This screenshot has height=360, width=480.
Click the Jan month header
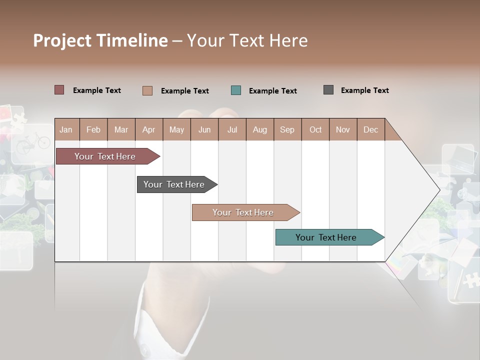(66, 129)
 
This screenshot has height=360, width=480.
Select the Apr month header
(148, 129)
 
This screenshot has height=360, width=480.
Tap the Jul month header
(232, 129)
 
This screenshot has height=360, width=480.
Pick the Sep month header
(287, 129)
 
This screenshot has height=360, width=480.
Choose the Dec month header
(370, 129)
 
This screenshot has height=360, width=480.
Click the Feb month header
(93, 129)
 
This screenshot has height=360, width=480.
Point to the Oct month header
(315, 129)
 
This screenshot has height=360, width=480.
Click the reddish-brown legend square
(59, 90)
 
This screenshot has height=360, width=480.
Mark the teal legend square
(236, 90)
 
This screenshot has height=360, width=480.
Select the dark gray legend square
(328, 90)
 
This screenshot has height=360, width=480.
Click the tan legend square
(147, 90)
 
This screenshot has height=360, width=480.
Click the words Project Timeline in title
(100, 40)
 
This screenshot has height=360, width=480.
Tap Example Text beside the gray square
(364, 90)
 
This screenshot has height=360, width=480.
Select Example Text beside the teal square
(272, 91)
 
